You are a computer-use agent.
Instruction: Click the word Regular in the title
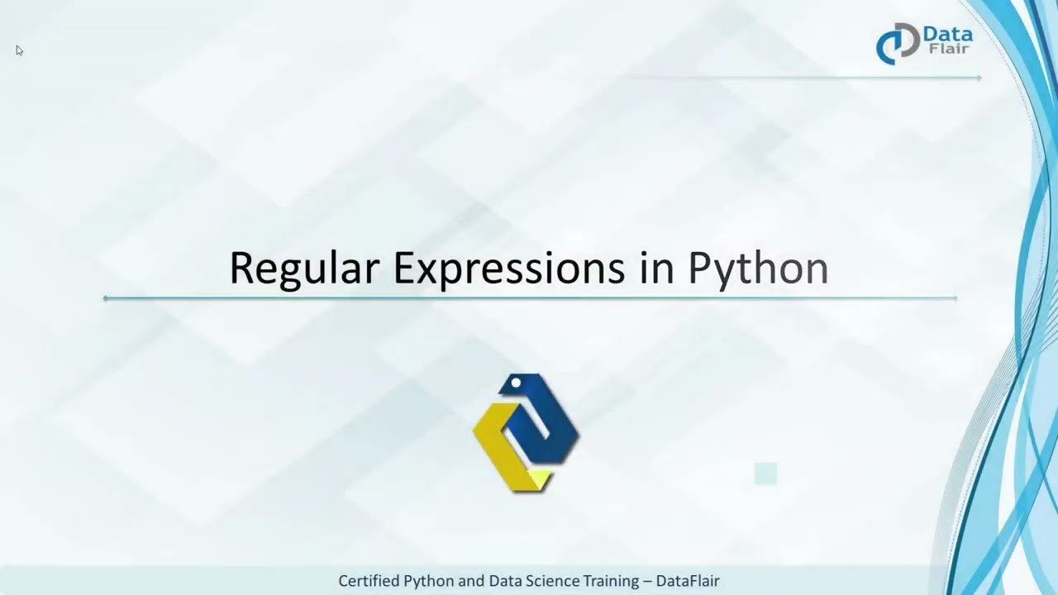[303, 268]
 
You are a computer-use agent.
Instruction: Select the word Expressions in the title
[508, 268]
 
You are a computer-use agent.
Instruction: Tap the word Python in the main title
[758, 269]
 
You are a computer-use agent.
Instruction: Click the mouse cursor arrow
[19, 50]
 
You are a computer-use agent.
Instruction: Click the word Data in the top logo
[947, 36]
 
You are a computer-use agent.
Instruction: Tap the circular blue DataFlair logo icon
[897, 44]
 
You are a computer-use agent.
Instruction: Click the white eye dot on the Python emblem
[516, 383]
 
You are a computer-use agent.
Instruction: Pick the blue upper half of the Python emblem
[541, 413]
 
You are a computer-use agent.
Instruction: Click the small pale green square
[765, 474]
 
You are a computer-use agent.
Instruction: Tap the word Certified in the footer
[369, 581]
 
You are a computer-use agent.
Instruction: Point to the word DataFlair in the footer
[688, 581]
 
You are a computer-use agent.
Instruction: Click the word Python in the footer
[429, 582]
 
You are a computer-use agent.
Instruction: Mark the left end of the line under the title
[106, 298]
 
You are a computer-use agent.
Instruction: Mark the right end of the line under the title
[956, 298]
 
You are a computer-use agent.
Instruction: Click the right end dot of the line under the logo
[979, 78]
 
